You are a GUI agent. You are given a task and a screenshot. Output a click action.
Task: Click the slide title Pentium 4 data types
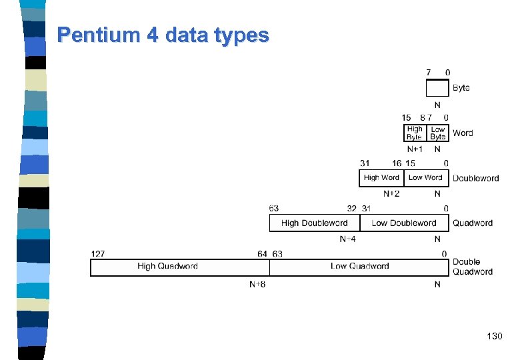point(163,35)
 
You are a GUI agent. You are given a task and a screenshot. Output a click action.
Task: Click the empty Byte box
point(437,88)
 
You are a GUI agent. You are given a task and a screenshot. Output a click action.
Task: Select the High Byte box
point(415,133)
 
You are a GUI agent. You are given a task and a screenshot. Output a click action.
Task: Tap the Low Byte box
point(438,133)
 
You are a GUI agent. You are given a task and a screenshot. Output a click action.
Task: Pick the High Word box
point(381,178)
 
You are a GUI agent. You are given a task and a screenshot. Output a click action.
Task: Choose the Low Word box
point(426,178)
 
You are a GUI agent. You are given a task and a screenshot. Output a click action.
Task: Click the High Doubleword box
point(315,223)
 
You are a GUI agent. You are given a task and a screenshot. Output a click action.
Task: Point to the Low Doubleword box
point(404,223)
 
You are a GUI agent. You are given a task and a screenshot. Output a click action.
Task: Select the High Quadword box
point(167,267)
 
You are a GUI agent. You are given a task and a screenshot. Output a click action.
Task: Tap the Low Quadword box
point(359,267)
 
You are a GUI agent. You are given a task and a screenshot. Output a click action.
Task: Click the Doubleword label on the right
point(475,178)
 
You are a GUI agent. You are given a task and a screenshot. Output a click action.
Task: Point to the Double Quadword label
point(472,267)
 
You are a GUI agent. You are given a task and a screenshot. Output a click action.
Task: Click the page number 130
point(495,337)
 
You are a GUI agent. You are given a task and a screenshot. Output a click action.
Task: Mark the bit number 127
point(97,253)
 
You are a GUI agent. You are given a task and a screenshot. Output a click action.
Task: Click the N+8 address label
point(257,285)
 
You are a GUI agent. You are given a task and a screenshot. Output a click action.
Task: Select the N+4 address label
point(347,239)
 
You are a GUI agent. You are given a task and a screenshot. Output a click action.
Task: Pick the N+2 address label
point(392,194)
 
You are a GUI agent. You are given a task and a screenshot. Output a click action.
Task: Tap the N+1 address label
point(415,149)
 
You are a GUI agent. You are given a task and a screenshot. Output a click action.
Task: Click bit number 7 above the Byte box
point(429,72)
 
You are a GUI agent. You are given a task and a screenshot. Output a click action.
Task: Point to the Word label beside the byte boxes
point(463,133)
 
